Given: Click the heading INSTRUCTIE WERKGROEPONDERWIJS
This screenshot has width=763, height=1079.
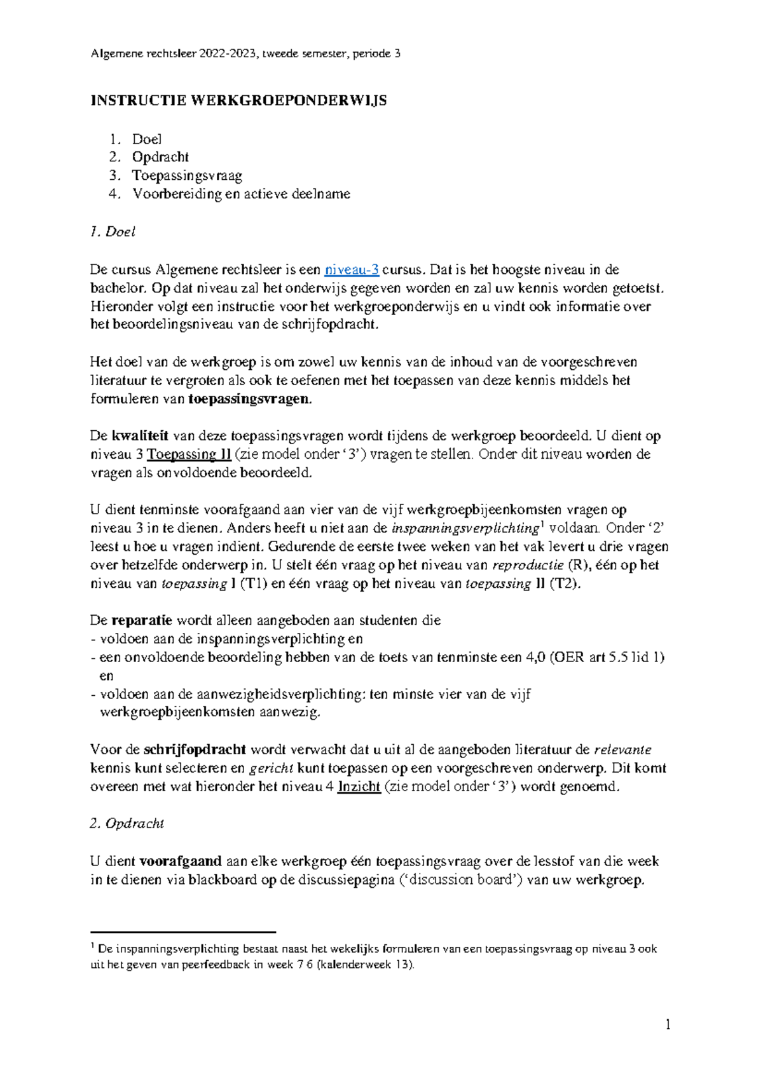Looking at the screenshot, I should tap(238, 100).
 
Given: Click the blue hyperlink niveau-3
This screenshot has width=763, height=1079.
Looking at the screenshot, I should tap(352, 269).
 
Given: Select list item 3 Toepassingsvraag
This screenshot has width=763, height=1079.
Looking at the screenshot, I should tap(187, 175).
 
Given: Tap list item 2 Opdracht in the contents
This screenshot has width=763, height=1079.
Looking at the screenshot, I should tap(160, 157).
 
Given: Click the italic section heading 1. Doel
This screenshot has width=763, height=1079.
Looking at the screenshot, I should tap(113, 232).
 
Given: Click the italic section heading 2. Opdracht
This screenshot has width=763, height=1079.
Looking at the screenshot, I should tap(127, 824).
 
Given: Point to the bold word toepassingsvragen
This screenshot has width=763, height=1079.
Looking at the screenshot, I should tap(251, 399).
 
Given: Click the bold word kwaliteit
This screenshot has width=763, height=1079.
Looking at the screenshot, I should tap(140, 436).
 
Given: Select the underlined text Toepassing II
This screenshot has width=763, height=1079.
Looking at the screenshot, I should tap(189, 454).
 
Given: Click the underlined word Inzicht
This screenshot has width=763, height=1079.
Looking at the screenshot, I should tap(359, 787).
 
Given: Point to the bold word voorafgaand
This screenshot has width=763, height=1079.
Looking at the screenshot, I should tap(180, 862).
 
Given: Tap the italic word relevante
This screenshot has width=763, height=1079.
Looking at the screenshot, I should tap(622, 750).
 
